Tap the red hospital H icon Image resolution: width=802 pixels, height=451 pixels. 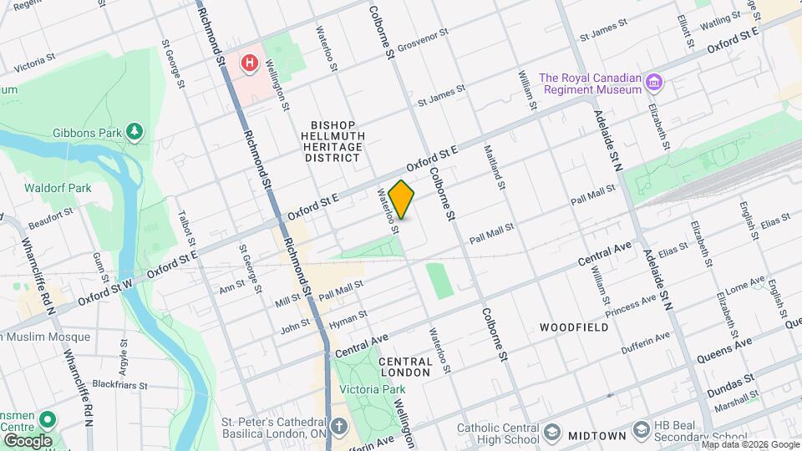click(248, 63)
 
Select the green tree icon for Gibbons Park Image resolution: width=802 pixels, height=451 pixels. click(134, 131)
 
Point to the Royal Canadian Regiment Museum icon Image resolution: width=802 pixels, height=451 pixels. click(655, 83)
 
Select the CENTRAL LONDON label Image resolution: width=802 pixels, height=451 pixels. click(405, 367)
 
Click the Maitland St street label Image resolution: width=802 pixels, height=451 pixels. click(494, 166)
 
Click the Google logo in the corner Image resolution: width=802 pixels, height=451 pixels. click(27, 439)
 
